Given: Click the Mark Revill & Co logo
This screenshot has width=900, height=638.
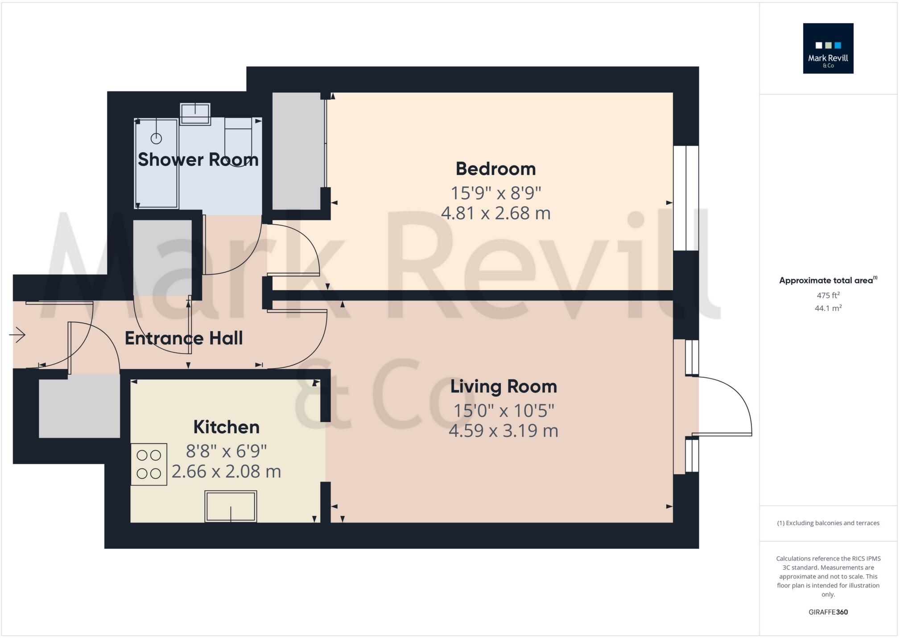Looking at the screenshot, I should tap(828, 48).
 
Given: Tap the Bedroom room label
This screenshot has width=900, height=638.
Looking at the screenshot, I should tap(495, 169).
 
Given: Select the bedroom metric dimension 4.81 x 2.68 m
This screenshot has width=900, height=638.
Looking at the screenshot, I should tap(495, 213).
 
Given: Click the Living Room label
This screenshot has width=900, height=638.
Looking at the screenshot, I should tap(504, 387).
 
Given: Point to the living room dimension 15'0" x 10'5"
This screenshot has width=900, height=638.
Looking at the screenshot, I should tap(504, 411).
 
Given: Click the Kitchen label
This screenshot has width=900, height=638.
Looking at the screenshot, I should tap(226, 427).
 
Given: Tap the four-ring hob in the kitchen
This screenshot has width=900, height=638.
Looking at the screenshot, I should tap(149, 464).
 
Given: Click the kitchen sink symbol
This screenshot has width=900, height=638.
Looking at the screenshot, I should tap(231, 506).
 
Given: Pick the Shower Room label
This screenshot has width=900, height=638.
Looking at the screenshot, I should tap(198, 160).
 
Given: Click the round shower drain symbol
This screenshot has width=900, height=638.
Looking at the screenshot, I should tap(156, 139).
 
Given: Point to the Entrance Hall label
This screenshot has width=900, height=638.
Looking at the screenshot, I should tap(184, 338).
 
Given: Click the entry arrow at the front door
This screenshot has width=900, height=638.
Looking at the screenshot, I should tap(18, 335).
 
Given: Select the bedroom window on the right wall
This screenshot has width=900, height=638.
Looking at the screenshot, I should tap(686, 198).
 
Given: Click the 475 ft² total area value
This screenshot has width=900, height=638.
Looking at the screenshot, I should tap(828, 295).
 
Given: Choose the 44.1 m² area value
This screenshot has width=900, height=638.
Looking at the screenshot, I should tap(828, 308).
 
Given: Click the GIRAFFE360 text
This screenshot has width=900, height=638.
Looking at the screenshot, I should tap(828, 612).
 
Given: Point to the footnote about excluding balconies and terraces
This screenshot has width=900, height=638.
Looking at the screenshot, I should tap(828, 523).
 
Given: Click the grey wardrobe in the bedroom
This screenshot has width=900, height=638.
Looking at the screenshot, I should tap(296, 151).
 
